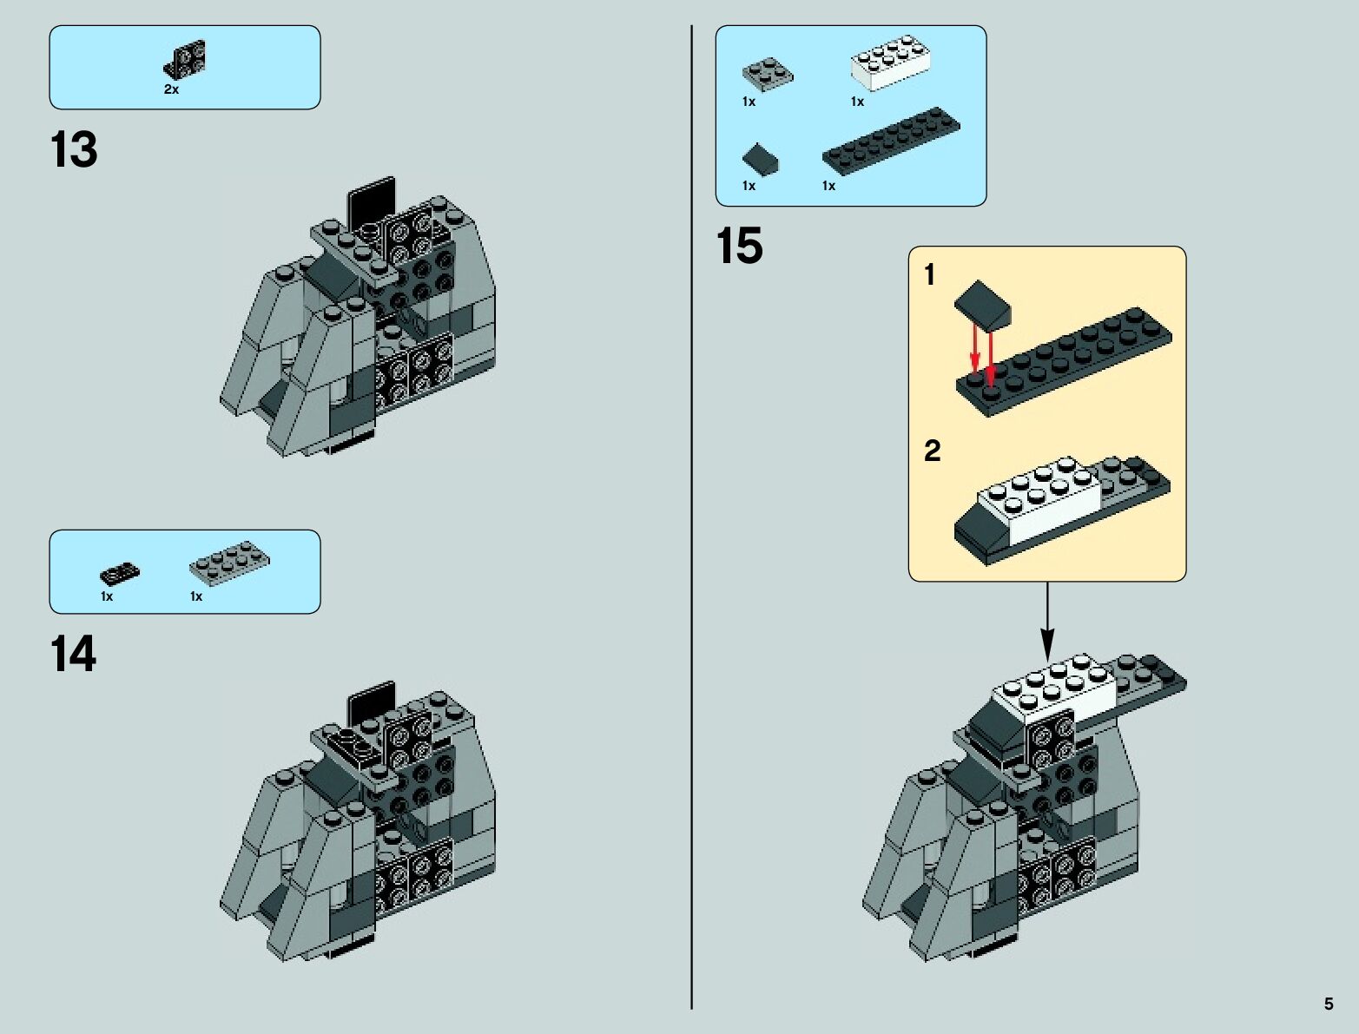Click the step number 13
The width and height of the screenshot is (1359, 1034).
[74, 150]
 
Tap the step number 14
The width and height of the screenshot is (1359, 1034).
[74, 655]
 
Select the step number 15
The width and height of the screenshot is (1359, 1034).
[739, 246]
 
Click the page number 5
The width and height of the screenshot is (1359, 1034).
[1329, 1004]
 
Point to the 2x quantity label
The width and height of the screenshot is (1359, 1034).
[171, 89]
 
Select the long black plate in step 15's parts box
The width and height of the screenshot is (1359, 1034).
[891, 142]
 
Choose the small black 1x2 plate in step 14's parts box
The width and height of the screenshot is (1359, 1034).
[120, 574]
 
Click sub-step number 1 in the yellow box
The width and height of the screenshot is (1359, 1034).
[929, 275]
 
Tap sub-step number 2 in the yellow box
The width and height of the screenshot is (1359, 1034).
[932, 451]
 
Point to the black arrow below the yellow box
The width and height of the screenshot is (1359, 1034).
[1047, 622]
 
